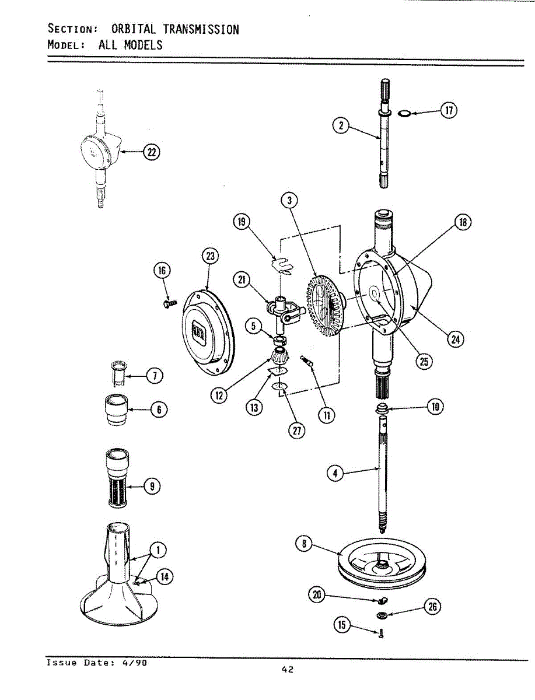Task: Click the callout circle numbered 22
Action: pos(152,153)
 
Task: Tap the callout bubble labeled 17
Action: pos(448,111)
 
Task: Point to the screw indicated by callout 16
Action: pos(169,303)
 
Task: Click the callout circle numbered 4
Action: pos(335,474)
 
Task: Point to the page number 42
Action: pos(286,670)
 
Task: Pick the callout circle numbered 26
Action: pos(432,607)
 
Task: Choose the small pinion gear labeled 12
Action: pos(280,355)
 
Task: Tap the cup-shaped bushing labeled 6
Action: pos(117,410)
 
